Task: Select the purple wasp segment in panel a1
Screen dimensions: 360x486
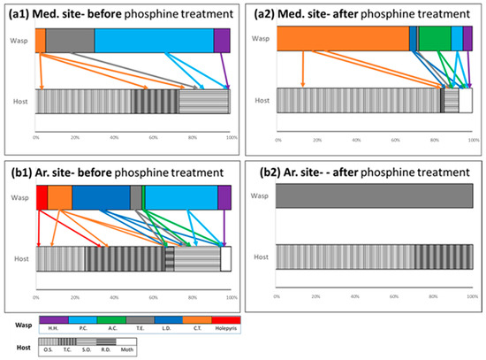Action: click(222, 40)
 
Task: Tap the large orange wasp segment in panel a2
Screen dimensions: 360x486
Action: click(343, 38)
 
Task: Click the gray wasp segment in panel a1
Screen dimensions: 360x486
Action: click(70, 40)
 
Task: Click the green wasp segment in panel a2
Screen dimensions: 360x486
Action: click(434, 38)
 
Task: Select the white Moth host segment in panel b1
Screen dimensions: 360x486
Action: click(225, 258)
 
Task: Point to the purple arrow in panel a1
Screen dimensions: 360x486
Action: click(225, 71)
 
